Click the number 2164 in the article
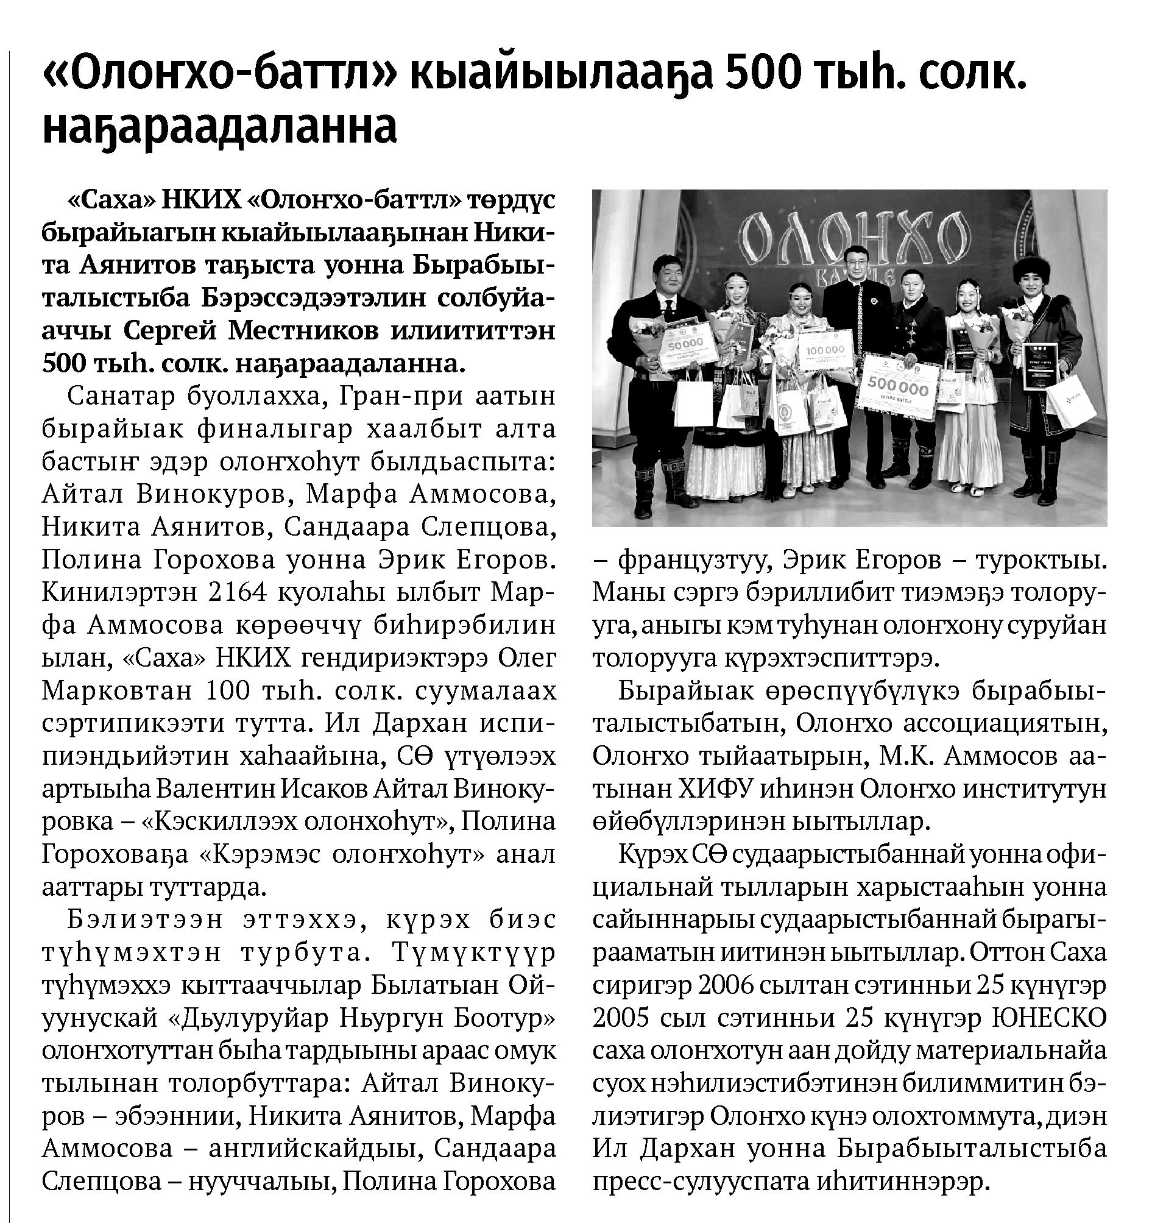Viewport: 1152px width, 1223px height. pyautogui.click(x=238, y=592)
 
